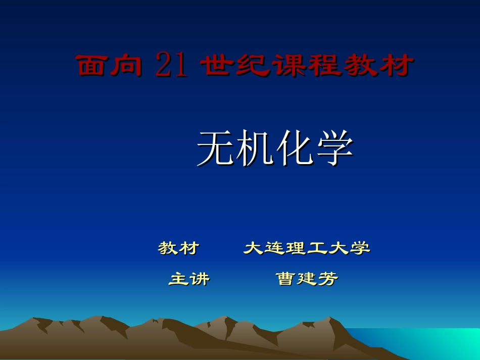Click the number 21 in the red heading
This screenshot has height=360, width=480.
click(171, 65)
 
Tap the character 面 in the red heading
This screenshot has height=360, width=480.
click(92, 66)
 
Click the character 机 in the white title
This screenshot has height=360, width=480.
click(256, 148)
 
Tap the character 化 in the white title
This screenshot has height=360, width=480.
click(295, 148)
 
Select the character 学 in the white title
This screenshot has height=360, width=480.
click(334, 148)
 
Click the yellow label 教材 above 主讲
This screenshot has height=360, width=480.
click(178, 248)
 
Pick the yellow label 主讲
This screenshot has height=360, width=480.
click(189, 279)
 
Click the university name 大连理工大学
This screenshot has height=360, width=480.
click(307, 248)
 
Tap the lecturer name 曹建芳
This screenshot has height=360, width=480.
click(307, 279)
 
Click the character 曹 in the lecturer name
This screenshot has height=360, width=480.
click(285, 279)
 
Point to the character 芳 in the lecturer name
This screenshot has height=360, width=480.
click(328, 279)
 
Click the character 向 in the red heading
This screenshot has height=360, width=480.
click(126, 66)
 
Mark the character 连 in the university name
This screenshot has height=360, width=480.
click(275, 248)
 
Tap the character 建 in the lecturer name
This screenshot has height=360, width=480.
click(307, 279)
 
